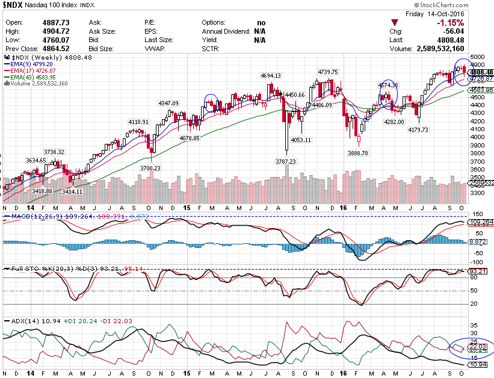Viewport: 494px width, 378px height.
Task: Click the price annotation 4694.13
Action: (270, 76)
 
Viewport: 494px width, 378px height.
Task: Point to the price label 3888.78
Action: (359, 153)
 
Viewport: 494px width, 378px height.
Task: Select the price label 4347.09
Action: (168, 104)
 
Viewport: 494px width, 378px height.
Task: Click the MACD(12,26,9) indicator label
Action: (29, 215)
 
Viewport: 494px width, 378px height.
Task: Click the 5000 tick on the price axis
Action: (478, 55)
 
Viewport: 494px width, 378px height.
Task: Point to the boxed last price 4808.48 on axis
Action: (481, 72)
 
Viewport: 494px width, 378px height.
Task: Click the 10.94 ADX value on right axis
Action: (479, 365)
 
